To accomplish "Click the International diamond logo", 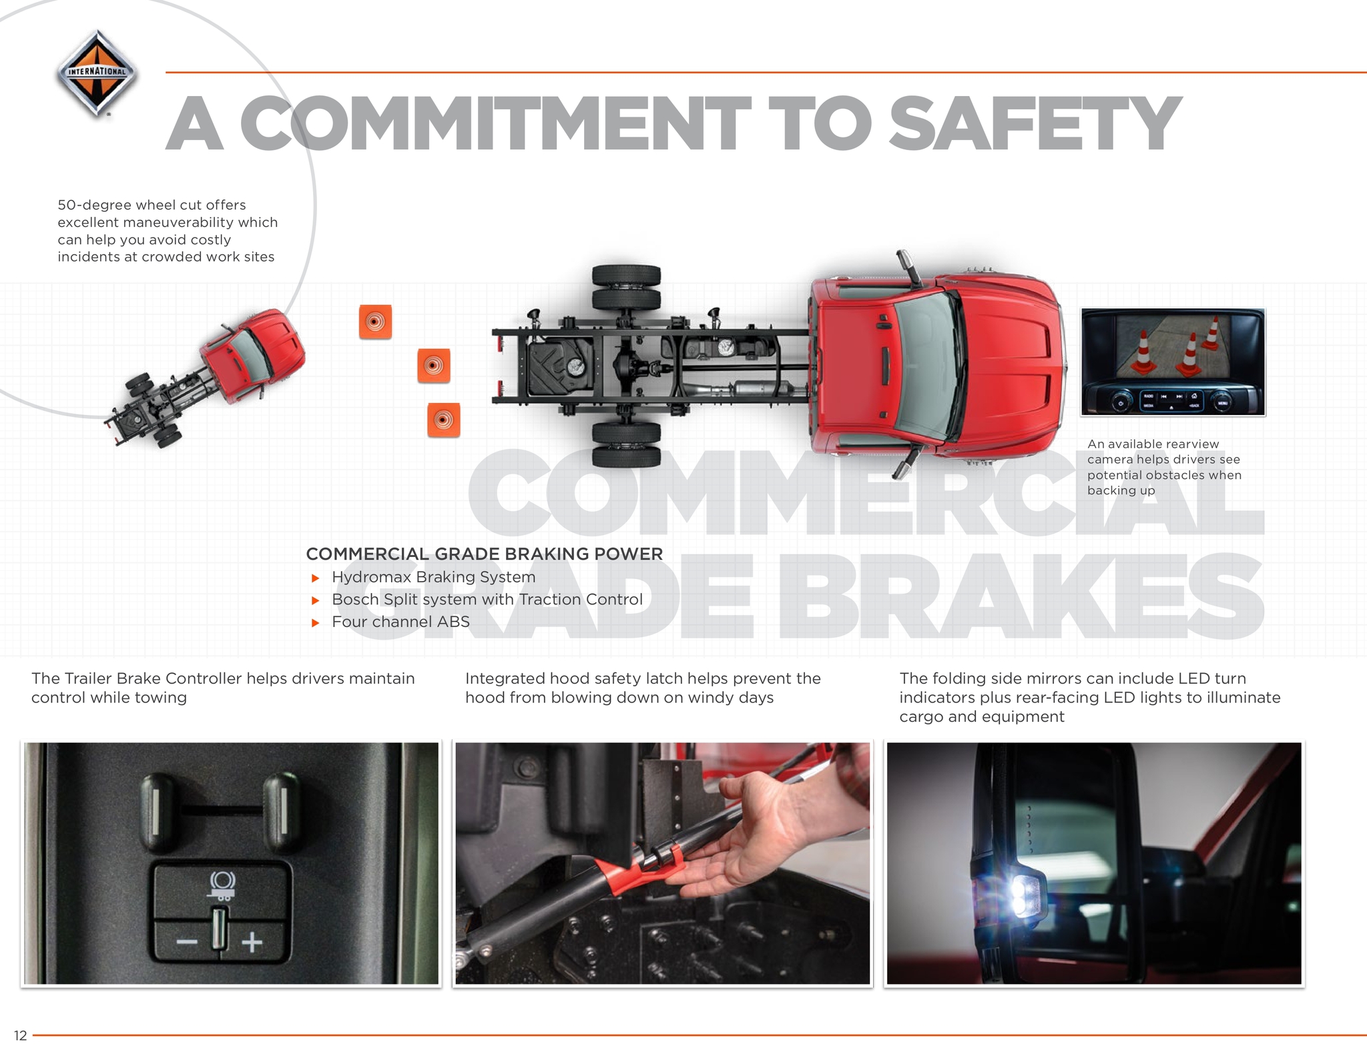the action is point(97,73).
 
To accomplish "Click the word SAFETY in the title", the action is point(1035,123).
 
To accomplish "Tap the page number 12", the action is point(20,1035).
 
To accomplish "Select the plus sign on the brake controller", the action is point(252,942).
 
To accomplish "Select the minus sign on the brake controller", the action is point(187,942).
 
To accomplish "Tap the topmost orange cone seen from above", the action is point(375,322).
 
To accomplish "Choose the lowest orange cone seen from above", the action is point(444,420).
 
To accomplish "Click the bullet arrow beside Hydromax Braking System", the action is point(316,578).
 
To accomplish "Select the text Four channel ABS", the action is point(400,622).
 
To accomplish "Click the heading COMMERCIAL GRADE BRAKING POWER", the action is point(485,554).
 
